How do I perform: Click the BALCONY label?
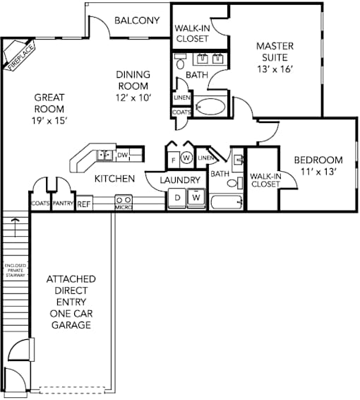click(137, 20)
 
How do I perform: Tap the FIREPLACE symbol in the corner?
click(18, 54)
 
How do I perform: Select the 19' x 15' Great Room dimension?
click(49, 120)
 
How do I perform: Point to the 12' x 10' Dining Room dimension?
click(133, 98)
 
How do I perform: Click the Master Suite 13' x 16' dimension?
click(275, 69)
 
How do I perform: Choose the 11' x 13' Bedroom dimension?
click(318, 172)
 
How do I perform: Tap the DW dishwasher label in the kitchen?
click(123, 155)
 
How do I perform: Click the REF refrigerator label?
click(84, 204)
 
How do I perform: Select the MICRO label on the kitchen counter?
click(124, 208)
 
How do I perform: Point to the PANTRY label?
click(63, 204)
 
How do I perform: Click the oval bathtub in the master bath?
click(210, 107)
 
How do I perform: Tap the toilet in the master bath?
click(181, 62)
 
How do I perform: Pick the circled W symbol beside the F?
click(186, 158)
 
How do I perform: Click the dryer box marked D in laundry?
click(178, 198)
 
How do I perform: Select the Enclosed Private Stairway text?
click(16, 271)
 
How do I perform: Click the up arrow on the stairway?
click(16, 227)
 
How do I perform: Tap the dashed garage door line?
click(72, 390)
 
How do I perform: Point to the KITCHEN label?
click(114, 179)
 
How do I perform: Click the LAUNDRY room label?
click(180, 180)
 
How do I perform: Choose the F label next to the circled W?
click(174, 160)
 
